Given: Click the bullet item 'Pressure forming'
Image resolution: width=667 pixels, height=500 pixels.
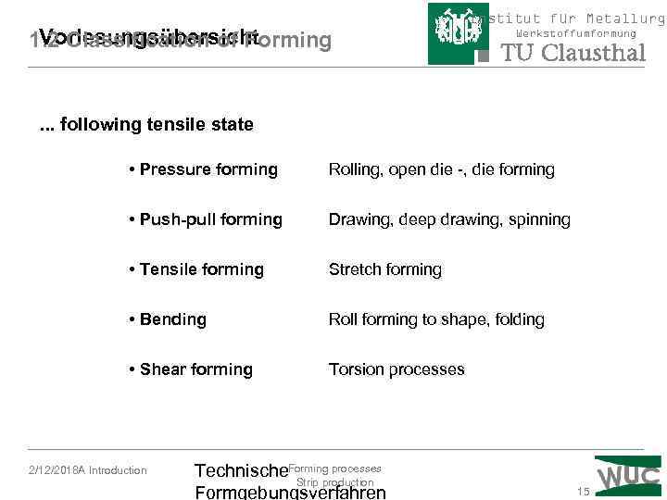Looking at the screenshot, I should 204,169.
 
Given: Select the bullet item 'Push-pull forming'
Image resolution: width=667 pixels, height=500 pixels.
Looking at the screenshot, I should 206,219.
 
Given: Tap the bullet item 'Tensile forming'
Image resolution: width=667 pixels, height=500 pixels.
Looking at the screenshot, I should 196,269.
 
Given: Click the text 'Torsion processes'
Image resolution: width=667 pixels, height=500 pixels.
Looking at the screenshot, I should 396,369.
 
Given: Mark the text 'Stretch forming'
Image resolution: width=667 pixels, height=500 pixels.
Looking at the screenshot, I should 385,269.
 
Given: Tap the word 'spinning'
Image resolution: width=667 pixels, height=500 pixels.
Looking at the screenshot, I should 538,219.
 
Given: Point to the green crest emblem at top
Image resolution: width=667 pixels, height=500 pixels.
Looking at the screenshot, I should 458,34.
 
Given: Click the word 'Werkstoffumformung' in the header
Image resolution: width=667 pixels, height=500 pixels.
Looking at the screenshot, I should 576,33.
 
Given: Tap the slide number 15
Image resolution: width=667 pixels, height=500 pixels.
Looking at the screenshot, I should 584,491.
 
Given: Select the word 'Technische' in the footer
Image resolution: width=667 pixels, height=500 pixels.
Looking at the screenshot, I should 241,472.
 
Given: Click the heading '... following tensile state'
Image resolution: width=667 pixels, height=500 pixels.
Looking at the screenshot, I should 147,124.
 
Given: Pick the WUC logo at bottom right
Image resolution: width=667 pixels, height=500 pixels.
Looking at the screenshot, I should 628,474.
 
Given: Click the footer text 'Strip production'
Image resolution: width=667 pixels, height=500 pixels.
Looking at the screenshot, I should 334,482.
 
